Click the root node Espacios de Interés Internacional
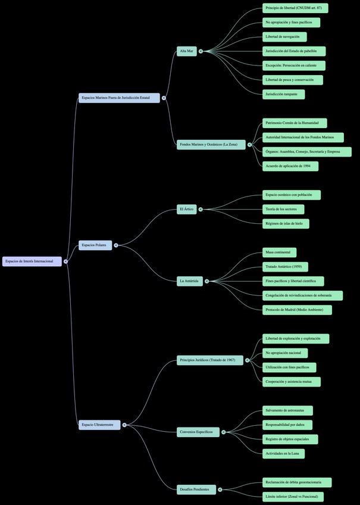point(32,261)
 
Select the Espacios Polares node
point(95,245)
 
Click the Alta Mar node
point(187,51)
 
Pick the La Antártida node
point(189,280)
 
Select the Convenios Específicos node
point(198,432)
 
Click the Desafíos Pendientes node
point(196,490)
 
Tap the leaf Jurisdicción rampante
point(284,94)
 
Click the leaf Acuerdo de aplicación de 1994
point(290,166)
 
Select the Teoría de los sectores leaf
point(283,209)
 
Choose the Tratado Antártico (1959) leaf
point(285,267)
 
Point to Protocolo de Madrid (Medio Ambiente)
point(297,310)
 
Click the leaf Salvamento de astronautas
point(287,410)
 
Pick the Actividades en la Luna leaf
point(283,454)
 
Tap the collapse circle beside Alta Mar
point(201,51)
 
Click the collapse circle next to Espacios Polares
point(116,245)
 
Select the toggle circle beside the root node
point(65,261)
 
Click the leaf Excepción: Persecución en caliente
point(293,66)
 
